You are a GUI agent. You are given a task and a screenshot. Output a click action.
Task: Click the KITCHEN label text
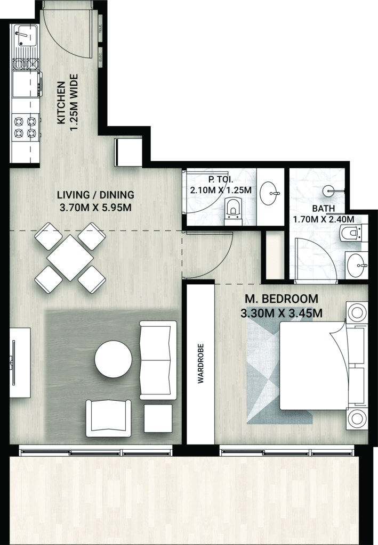61,103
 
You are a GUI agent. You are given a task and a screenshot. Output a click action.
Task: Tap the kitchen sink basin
26,36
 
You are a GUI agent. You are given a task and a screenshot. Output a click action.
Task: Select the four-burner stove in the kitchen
26,127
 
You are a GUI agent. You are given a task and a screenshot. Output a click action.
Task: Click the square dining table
70,258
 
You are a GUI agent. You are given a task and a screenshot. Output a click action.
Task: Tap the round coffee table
114,359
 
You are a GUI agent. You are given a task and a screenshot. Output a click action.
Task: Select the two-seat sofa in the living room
158,360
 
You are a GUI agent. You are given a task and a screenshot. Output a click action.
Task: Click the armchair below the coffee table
109,418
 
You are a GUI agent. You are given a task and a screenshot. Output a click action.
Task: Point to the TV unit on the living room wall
20,363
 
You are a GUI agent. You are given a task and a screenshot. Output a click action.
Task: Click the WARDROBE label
200,364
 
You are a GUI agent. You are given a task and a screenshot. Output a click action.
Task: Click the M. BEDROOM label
282,299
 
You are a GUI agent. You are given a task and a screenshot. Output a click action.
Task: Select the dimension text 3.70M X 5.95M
95,208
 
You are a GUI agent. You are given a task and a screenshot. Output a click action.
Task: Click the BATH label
324,209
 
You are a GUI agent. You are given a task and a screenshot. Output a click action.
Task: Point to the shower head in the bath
329,191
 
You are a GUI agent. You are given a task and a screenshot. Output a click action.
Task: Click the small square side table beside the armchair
158,418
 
